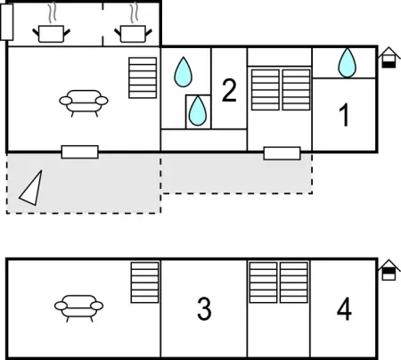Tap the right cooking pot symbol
(x=133, y=33)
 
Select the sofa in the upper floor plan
(x=85, y=102)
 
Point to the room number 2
(x=229, y=90)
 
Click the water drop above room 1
(x=347, y=62)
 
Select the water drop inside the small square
(x=198, y=110)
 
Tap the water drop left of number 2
(x=184, y=70)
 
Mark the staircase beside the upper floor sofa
(x=143, y=78)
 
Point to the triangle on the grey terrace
(x=32, y=188)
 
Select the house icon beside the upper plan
(x=388, y=59)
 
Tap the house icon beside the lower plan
(x=388, y=270)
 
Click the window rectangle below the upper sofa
(x=79, y=151)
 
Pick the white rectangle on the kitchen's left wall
(x=7, y=20)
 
